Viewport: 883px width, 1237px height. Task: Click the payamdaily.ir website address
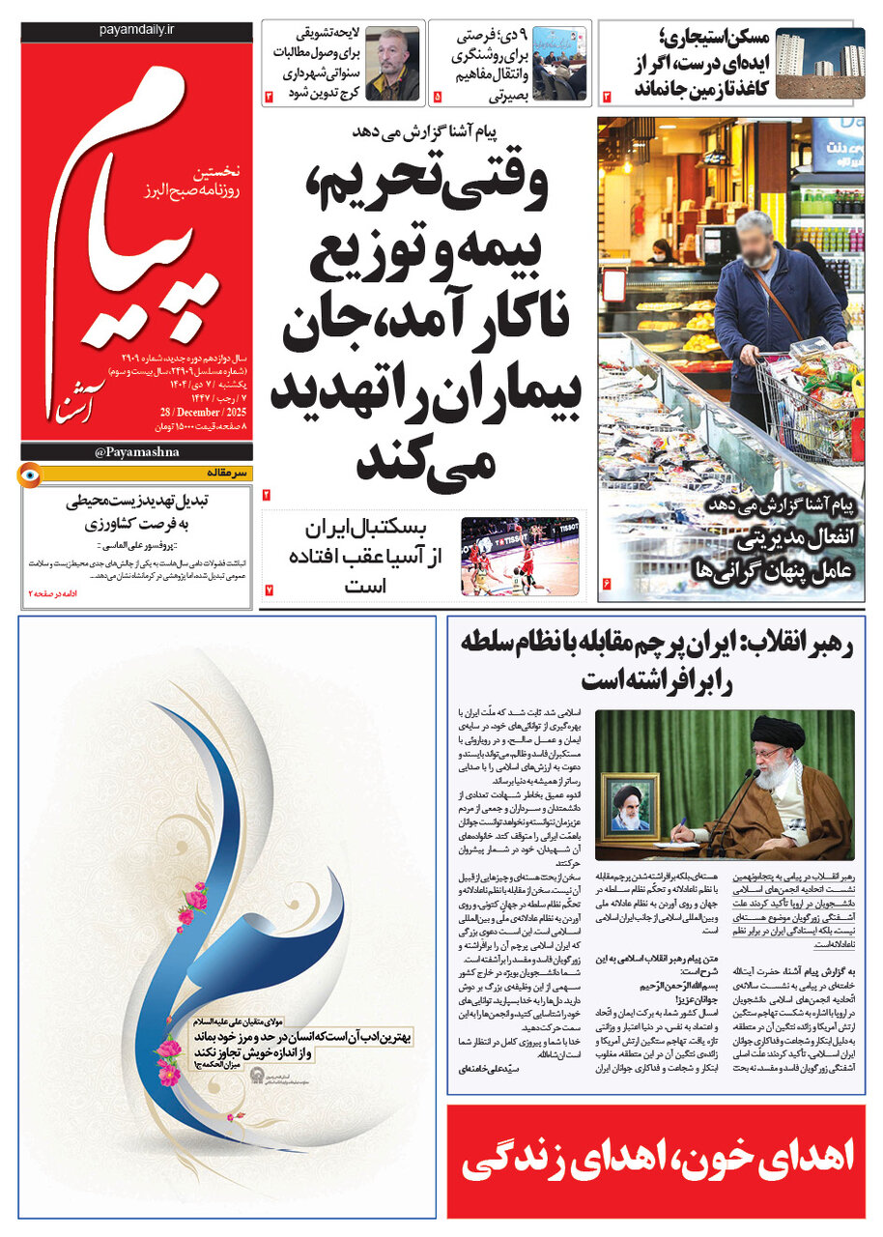(135, 31)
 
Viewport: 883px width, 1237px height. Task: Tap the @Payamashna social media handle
(135, 451)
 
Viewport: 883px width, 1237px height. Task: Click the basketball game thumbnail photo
(523, 557)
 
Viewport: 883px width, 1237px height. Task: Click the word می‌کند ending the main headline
(425, 460)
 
